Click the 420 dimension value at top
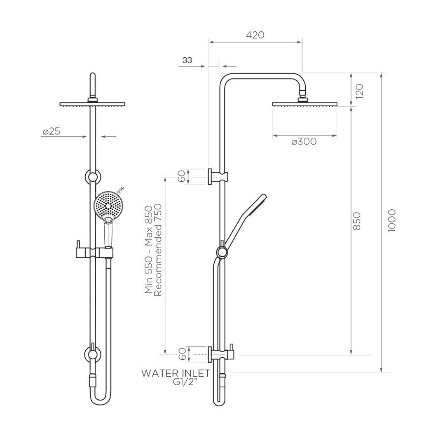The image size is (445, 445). (255, 35)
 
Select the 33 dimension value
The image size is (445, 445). (187, 60)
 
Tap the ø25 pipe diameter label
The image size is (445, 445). (52, 132)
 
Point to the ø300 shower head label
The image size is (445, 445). (304, 142)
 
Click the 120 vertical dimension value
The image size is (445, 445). (359, 90)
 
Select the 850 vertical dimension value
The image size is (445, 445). (357, 221)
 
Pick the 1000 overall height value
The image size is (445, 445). (392, 221)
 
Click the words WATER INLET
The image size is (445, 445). (176, 373)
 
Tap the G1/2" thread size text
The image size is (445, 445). (185, 382)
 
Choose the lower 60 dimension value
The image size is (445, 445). (182, 354)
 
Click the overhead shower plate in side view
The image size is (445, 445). (304, 104)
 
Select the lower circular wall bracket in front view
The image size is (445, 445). (93, 354)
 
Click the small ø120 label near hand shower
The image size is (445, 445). (120, 190)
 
